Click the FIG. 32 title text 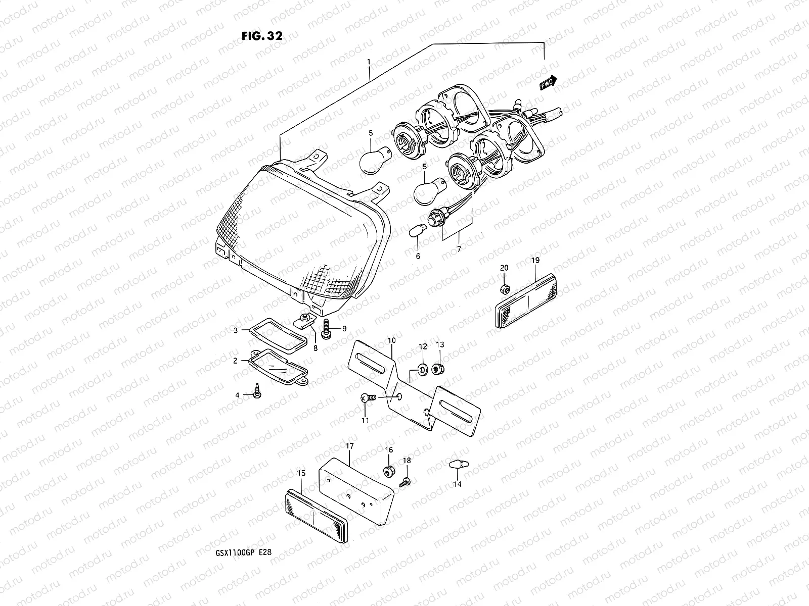pos(261,36)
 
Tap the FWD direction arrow pos(548,82)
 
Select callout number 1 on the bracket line pos(369,62)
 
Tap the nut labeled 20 pos(504,289)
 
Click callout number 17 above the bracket pos(349,446)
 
